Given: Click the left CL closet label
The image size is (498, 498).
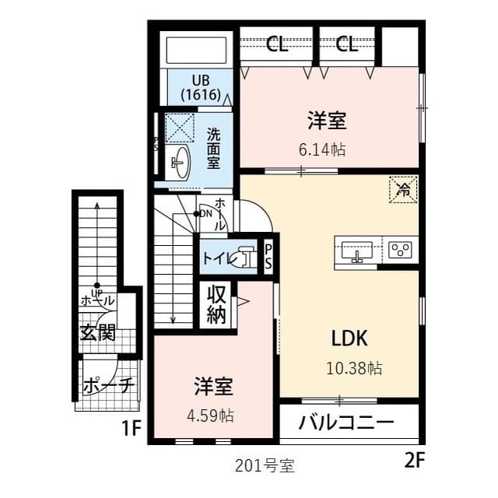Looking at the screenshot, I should pos(277,44).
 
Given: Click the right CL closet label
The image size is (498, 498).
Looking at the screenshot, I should pos(347,44).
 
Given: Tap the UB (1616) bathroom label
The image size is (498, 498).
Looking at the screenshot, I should pos(202,87).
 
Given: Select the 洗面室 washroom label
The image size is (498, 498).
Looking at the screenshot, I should pos(213,148).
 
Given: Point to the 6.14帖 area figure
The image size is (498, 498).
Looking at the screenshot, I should pos(322,149).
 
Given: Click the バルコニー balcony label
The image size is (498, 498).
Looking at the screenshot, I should pos(346,424).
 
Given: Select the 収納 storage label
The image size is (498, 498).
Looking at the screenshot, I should pos(216,305).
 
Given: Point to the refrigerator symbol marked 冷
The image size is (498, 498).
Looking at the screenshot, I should pos(403,189).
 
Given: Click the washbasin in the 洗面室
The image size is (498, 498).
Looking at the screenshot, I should pos(180,162).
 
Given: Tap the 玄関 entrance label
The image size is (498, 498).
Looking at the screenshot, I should pos(98,334).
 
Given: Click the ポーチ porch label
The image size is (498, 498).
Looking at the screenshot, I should pos(108,386).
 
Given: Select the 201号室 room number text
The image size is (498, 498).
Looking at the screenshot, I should pos(265,466).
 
